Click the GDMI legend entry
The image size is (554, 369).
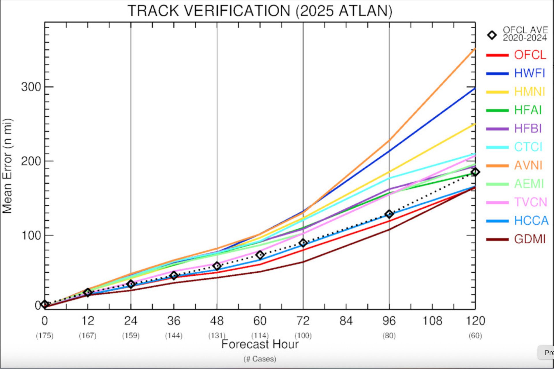529,239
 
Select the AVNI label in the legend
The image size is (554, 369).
528,165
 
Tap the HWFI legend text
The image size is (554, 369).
529,73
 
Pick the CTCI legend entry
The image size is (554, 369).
528,147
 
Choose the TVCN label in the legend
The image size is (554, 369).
530,202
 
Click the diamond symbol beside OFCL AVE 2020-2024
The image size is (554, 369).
492,35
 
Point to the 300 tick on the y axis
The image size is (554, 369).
31,87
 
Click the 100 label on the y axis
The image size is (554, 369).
31,235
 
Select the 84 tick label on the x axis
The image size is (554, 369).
346,321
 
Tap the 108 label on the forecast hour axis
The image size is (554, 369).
432,321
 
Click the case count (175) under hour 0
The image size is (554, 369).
44,336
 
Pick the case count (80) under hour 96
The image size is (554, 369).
389,336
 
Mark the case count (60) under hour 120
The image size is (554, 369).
475,336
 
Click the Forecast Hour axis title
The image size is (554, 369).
260,344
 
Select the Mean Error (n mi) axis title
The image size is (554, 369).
7,166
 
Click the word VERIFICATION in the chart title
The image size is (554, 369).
237,11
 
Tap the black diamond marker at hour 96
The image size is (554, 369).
389,214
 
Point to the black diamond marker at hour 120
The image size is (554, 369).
475,172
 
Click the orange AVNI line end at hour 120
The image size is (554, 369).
475,49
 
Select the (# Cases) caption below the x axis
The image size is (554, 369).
260,359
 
